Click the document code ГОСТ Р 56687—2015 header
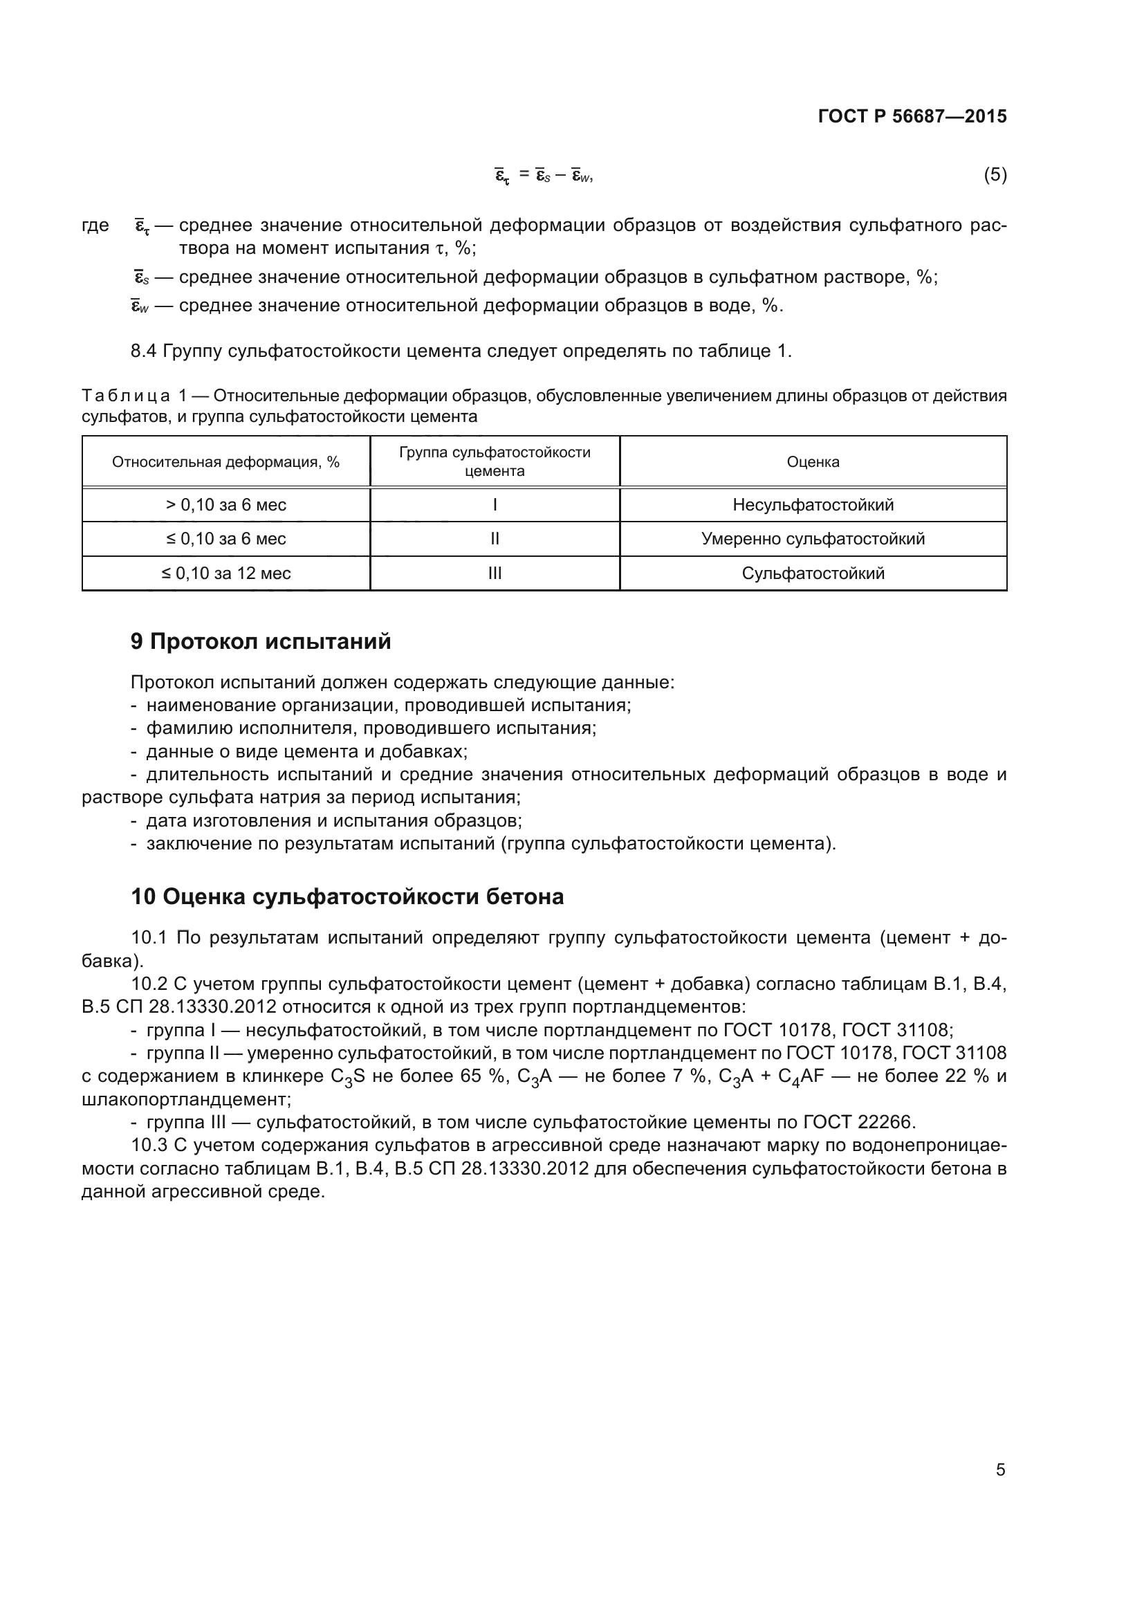pyautogui.click(x=912, y=116)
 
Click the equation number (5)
pyautogui.click(x=995, y=174)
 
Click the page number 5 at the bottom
pyautogui.click(x=1000, y=1470)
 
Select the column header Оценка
pyautogui.click(x=813, y=462)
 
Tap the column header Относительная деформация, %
pyautogui.click(x=225, y=462)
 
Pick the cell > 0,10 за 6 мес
pyautogui.click(x=225, y=504)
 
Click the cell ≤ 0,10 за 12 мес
pyautogui.click(x=225, y=573)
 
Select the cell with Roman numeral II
pyautogui.click(x=495, y=539)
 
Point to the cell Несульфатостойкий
pyautogui.click(x=813, y=504)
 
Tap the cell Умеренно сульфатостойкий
pyautogui.click(x=813, y=539)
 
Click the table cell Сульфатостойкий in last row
pyautogui.click(x=813, y=573)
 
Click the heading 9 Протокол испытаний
pyautogui.click(x=261, y=641)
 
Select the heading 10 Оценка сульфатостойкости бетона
pyautogui.click(x=347, y=897)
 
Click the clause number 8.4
pyautogui.click(x=143, y=351)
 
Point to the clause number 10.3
pyautogui.click(x=149, y=1145)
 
